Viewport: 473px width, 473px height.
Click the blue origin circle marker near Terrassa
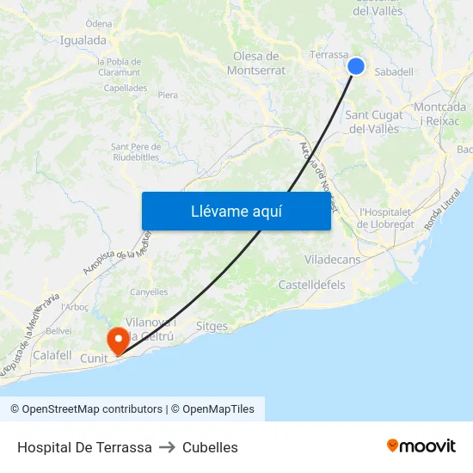point(356,66)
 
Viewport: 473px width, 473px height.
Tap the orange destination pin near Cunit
point(116,338)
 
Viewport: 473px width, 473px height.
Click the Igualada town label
point(83,40)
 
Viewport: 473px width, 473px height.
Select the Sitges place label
point(212,327)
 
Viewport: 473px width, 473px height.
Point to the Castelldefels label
point(311,285)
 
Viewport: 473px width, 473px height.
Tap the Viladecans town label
point(332,259)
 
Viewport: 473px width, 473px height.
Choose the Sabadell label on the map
point(394,72)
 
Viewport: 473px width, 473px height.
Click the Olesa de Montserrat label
point(256,63)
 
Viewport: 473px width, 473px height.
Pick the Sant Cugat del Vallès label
point(372,122)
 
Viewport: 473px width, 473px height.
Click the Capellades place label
point(124,88)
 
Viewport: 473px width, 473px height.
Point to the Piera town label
point(168,95)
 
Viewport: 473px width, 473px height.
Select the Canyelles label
point(149,292)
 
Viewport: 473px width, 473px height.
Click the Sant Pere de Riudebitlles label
point(135,151)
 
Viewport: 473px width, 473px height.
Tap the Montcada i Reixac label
point(440,114)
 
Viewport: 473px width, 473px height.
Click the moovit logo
point(421,446)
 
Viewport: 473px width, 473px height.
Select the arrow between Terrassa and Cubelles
point(167,447)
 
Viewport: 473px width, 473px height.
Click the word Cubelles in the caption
point(210,447)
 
